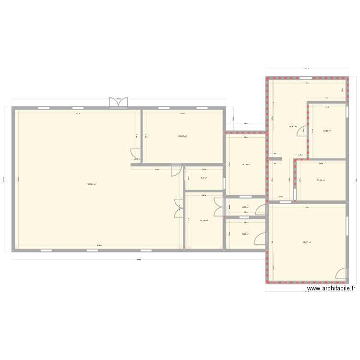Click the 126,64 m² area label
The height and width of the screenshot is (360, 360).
[92, 184]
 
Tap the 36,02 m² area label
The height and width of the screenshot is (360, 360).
[182, 136]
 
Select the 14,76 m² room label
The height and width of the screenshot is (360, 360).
[245, 165]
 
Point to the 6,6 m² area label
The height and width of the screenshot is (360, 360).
[204, 178]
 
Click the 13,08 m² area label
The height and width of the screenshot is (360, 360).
[204, 221]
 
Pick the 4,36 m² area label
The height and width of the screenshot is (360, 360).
[245, 207]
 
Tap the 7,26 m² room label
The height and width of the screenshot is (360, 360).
[245, 234]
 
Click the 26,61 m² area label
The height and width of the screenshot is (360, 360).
[293, 127]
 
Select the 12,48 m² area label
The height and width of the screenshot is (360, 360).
[327, 131]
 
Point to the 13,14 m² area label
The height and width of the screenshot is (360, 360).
[321, 180]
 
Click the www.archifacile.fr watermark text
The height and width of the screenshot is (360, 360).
[331, 288]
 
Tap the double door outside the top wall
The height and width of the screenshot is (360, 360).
[119, 103]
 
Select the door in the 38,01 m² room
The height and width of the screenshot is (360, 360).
[340, 274]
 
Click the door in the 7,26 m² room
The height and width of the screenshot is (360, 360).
[260, 240]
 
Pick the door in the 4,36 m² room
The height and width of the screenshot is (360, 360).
[261, 210]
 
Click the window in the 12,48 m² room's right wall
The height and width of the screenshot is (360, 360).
[348, 111]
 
